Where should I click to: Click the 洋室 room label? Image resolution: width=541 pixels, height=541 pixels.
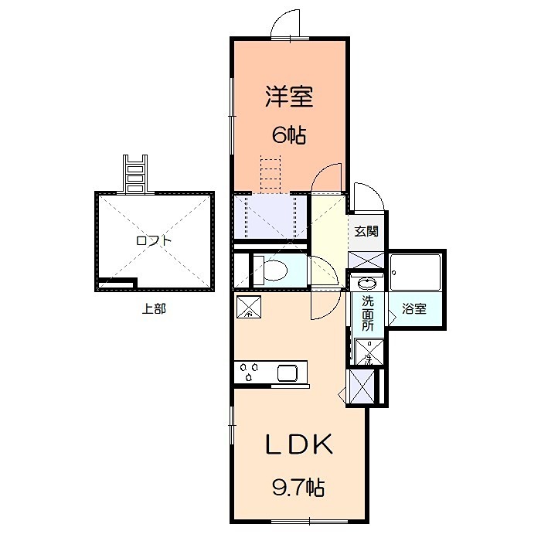click(289, 97)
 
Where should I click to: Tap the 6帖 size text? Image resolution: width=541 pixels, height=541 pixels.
click(289, 135)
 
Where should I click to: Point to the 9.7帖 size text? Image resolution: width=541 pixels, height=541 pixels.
click(297, 487)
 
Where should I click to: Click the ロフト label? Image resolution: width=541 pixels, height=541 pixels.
click(154, 240)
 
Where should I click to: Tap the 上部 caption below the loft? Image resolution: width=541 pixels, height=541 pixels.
click(154, 309)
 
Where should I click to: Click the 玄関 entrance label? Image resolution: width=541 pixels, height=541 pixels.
click(366, 230)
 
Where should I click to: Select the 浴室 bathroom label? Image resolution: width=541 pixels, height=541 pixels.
click(414, 309)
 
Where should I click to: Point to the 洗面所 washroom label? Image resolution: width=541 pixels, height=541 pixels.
click(368, 313)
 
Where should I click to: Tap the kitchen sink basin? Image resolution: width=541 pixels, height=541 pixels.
click(292, 373)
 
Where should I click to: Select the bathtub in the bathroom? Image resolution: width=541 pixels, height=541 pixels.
click(416, 272)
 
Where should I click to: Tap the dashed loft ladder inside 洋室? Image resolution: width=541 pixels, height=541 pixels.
click(271, 175)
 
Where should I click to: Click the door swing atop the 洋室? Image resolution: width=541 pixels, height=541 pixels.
click(286, 23)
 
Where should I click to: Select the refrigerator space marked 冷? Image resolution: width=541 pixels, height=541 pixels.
click(249, 307)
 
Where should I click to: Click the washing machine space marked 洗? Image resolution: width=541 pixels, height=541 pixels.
click(369, 354)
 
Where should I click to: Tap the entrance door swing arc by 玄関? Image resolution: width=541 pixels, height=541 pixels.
click(368, 196)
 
